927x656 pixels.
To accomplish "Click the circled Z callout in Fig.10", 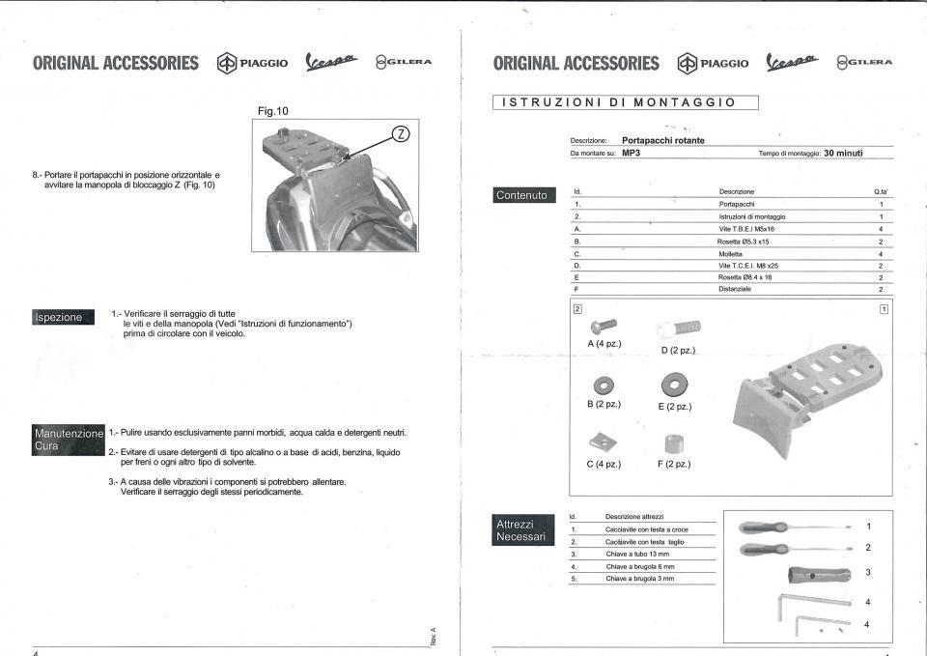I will coord(404,134).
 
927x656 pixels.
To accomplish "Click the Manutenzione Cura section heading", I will coord(69,440).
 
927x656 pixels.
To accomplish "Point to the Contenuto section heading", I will coord(521,195).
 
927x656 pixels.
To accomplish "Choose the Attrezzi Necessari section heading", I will coord(521,530).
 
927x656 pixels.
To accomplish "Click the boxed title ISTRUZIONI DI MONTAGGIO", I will coord(625,102).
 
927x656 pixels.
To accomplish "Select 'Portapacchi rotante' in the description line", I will coord(662,140).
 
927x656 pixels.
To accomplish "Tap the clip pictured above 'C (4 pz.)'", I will coord(603,444).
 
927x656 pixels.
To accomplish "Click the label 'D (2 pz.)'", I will coord(678,350).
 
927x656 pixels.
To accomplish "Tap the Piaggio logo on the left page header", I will coord(253,64).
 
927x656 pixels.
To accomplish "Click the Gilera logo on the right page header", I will coord(864,64).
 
